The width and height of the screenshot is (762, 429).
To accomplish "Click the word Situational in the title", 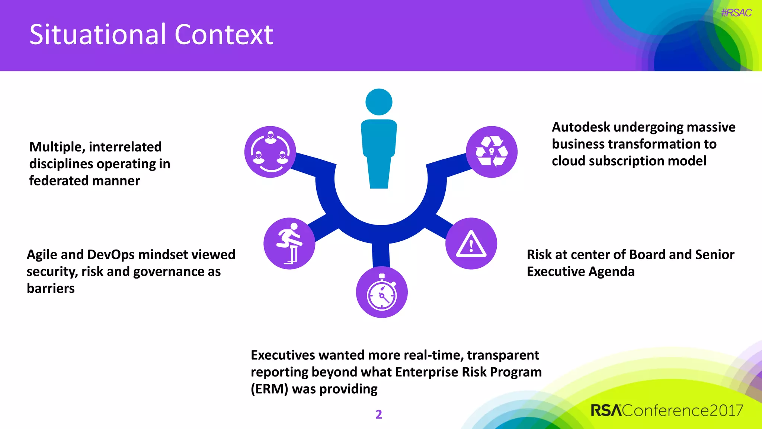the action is [x=97, y=35].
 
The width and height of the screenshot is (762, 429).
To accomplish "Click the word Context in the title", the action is [x=224, y=35].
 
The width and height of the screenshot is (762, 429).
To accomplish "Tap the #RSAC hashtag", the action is [x=736, y=13].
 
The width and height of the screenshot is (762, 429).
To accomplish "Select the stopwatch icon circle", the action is [x=382, y=292].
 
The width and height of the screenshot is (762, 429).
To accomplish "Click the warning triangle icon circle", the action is [x=471, y=244].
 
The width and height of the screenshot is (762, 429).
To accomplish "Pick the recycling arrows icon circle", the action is [x=492, y=152].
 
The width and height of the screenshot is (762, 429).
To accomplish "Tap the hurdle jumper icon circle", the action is [x=289, y=244].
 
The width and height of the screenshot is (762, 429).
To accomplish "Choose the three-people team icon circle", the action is [x=270, y=152].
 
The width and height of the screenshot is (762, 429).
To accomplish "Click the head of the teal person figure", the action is [x=379, y=102].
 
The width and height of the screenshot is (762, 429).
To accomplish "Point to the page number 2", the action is [x=379, y=414].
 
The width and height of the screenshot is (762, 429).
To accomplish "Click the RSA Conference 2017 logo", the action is [x=667, y=410].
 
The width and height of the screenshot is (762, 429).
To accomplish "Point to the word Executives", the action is [x=283, y=355].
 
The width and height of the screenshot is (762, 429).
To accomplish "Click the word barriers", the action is [x=51, y=289].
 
